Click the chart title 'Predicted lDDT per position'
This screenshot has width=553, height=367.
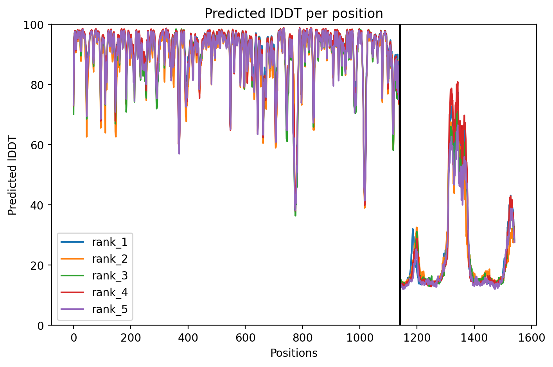tap(294, 14)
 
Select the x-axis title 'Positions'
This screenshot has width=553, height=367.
tap(294, 353)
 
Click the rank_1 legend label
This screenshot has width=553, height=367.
tap(110, 242)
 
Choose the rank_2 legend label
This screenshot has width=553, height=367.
tap(110, 259)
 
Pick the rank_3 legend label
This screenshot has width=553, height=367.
tap(110, 276)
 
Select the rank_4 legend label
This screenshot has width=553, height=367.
tap(110, 292)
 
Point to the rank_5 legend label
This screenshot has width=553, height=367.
tap(110, 309)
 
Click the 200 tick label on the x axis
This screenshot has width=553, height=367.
tap(131, 338)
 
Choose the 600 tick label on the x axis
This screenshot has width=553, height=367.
tap(245, 338)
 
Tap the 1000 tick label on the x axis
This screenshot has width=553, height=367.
tap(360, 338)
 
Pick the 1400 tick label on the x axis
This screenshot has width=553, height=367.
tap(474, 338)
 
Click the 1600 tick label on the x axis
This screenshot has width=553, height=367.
tap(531, 338)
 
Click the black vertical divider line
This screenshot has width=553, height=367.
tap(400, 175)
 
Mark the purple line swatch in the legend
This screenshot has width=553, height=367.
tap(72, 309)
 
